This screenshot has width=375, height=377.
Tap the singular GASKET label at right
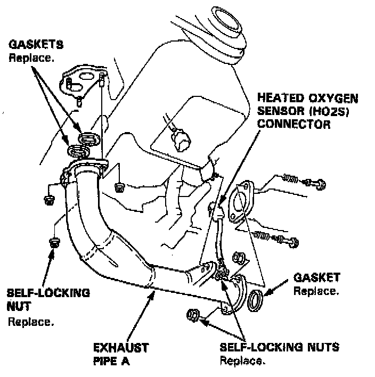(316, 278)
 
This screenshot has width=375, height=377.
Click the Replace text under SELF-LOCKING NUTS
(242, 361)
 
